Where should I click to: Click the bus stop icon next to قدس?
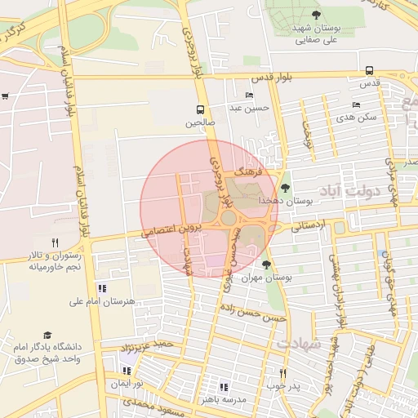pos(370,70)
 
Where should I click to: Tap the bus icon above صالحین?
pos(201,109)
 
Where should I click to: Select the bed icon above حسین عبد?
pos(249,96)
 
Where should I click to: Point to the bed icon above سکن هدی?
pos(356,104)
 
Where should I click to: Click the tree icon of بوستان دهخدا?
pos(285,188)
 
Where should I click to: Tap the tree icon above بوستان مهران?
pos(266,265)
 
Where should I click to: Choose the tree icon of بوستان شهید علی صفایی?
pos(316,15)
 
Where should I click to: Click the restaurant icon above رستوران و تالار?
pos(55,242)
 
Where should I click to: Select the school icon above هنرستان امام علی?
pos(102,288)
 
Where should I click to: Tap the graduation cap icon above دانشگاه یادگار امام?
pos(47,336)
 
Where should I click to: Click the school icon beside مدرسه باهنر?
pos(224,387)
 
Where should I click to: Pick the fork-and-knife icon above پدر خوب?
pos(282,374)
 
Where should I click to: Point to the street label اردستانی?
pos(309,225)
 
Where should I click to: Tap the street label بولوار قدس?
pos(271,78)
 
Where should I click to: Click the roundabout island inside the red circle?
pos(228,218)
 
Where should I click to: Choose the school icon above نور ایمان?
pos(127,371)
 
